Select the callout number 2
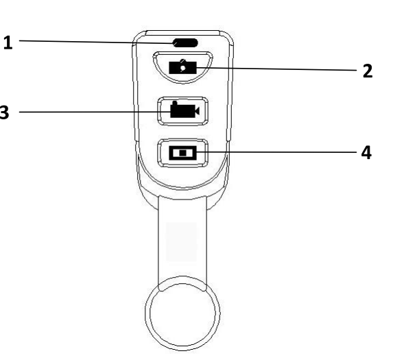tap(367, 71)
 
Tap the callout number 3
tap(4, 112)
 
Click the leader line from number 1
tap(96, 42)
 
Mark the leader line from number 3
tap(89, 112)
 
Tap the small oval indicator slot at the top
tap(183, 43)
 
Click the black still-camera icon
tap(182, 69)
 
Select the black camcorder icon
tap(183, 111)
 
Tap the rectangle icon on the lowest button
tap(182, 152)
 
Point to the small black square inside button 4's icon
tap(183, 152)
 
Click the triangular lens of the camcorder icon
tap(197, 111)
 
